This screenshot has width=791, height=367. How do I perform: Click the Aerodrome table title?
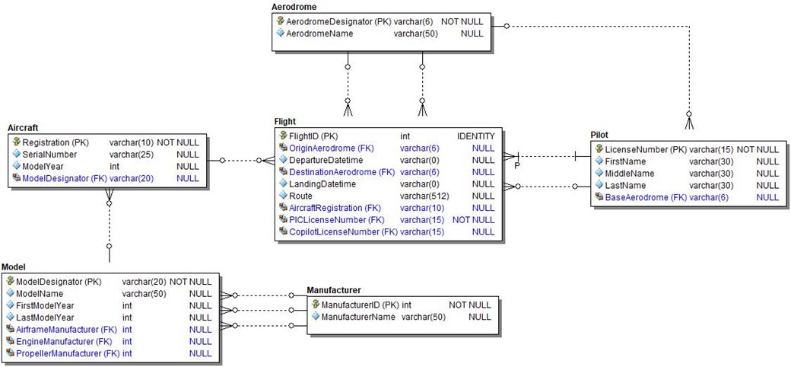click(x=294, y=7)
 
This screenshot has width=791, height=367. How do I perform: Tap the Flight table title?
click(x=285, y=121)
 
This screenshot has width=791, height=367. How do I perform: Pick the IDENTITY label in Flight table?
click(x=475, y=136)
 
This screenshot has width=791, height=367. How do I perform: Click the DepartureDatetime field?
click(x=326, y=161)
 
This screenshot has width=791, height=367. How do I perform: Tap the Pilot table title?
click(x=599, y=135)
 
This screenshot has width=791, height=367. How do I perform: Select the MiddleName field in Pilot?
click(x=630, y=174)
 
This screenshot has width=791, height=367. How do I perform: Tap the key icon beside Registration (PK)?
click(x=17, y=142)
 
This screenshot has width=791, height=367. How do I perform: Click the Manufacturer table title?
click(x=333, y=290)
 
